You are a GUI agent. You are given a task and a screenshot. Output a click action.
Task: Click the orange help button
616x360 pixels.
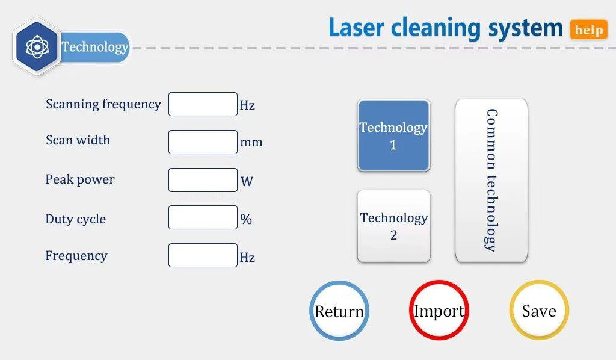589,29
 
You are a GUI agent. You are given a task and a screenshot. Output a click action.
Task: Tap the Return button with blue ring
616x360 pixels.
339,311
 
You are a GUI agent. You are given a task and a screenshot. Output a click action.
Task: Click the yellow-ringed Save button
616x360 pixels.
538,311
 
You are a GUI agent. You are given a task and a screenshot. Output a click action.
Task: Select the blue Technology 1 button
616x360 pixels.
393,136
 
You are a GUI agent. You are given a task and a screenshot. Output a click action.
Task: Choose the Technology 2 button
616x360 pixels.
393,226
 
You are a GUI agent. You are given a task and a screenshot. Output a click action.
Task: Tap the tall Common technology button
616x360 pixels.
491,181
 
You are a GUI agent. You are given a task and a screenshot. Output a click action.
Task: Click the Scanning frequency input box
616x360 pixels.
203,104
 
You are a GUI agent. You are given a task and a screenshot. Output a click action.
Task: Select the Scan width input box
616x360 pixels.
203,142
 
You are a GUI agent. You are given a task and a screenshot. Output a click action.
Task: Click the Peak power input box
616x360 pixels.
203,180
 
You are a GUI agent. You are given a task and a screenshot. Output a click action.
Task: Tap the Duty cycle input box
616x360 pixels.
203,217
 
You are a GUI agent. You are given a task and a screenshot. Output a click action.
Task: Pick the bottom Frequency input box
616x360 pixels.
203,255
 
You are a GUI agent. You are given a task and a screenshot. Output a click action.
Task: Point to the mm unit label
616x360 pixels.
251,143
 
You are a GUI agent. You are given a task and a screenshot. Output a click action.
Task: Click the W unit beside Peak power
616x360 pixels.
247,181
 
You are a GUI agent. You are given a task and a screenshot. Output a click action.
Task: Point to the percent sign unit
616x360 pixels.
246,219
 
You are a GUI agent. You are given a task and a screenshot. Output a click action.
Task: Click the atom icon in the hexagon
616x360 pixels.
37,46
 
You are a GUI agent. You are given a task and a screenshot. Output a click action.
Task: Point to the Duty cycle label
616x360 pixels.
76,219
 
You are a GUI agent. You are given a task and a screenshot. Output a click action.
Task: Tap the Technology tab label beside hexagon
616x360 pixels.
95,47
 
